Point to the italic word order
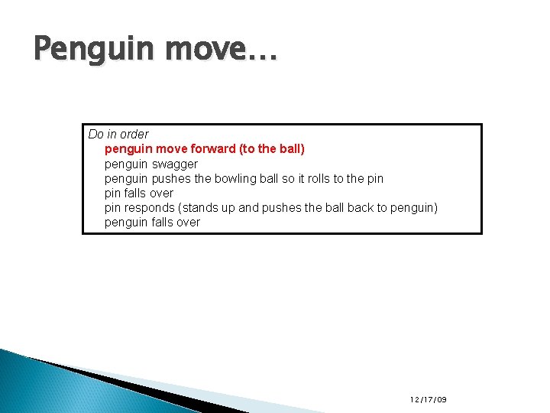click(134, 134)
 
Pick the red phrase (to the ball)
click(272, 149)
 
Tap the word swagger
click(175, 164)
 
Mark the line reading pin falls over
click(138, 193)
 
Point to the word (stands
click(197, 208)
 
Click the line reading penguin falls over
click(152, 223)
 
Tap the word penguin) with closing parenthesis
click(414, 208)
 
